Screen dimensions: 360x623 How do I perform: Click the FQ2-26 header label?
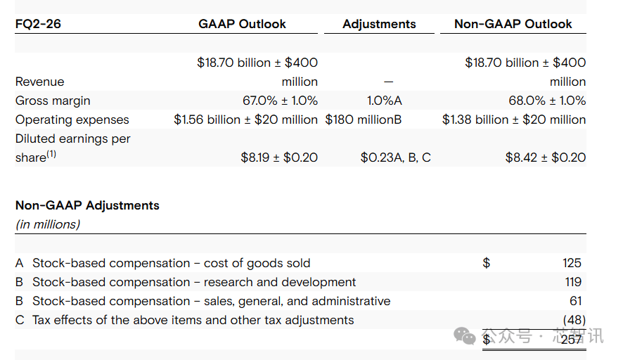coord(38,24)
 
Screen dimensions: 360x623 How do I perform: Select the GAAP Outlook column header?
coord(242,24)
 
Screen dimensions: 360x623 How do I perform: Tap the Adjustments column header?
coord(379,24)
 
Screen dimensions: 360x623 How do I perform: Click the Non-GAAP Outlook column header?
coord(513,24)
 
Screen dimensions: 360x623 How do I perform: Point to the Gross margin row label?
coord(53,101)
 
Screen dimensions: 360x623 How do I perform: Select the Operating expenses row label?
coord(72,120)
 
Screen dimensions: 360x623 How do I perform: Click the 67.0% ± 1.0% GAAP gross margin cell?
coord(280,101)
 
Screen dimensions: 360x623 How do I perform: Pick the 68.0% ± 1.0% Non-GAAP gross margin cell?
coord(547,101)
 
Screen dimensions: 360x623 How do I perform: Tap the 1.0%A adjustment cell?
coord(384,101)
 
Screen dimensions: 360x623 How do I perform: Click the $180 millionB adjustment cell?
coord(363,120)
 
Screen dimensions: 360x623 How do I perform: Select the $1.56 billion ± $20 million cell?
coord(245,120)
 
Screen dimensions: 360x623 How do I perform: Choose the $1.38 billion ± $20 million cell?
coord(513,120)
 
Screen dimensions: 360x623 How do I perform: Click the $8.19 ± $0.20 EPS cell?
coord(278,157)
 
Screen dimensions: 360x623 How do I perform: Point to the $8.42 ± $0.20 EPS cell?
coord(545,157)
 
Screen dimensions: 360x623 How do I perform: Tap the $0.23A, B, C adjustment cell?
coord(395,157)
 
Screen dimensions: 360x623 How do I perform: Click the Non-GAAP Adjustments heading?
coord(87,206)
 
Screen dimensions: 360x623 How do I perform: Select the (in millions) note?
coord(48,225)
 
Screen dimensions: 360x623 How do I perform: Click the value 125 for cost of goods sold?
coord(572,263)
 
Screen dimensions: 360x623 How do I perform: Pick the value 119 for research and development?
coord(572,282)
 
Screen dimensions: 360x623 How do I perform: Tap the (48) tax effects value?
coord(574,320)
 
